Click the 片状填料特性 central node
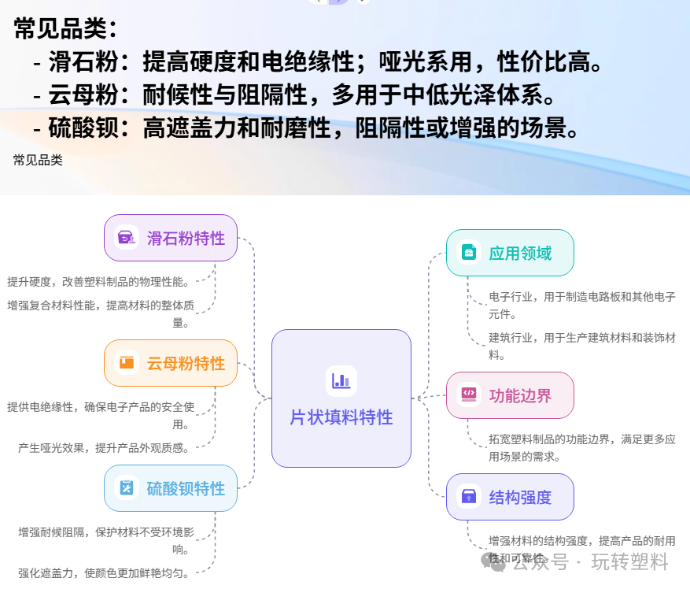[x=341, y=398]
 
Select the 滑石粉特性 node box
[x=171, y=238]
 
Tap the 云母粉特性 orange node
[x=171, y=363]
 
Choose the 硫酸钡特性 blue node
[x=171, y=488]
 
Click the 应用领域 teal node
[x=510, y=253]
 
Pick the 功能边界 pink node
[x=510, y=395]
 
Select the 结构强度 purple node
[x=510, y=497]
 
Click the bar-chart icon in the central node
[x=341, y=381]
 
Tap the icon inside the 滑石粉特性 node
[x=126, y=238]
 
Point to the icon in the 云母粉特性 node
[x=126, y=363]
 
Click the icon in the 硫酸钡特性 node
[x=126, y=488]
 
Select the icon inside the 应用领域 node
[x=468, y=253]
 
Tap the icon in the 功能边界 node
[x=468, y=395]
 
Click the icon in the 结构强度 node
[x=468, y=496]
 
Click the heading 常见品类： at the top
[x=66, y=30]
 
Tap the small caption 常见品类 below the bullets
[x=38, y=160]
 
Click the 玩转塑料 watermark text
[x=629, y=562]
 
